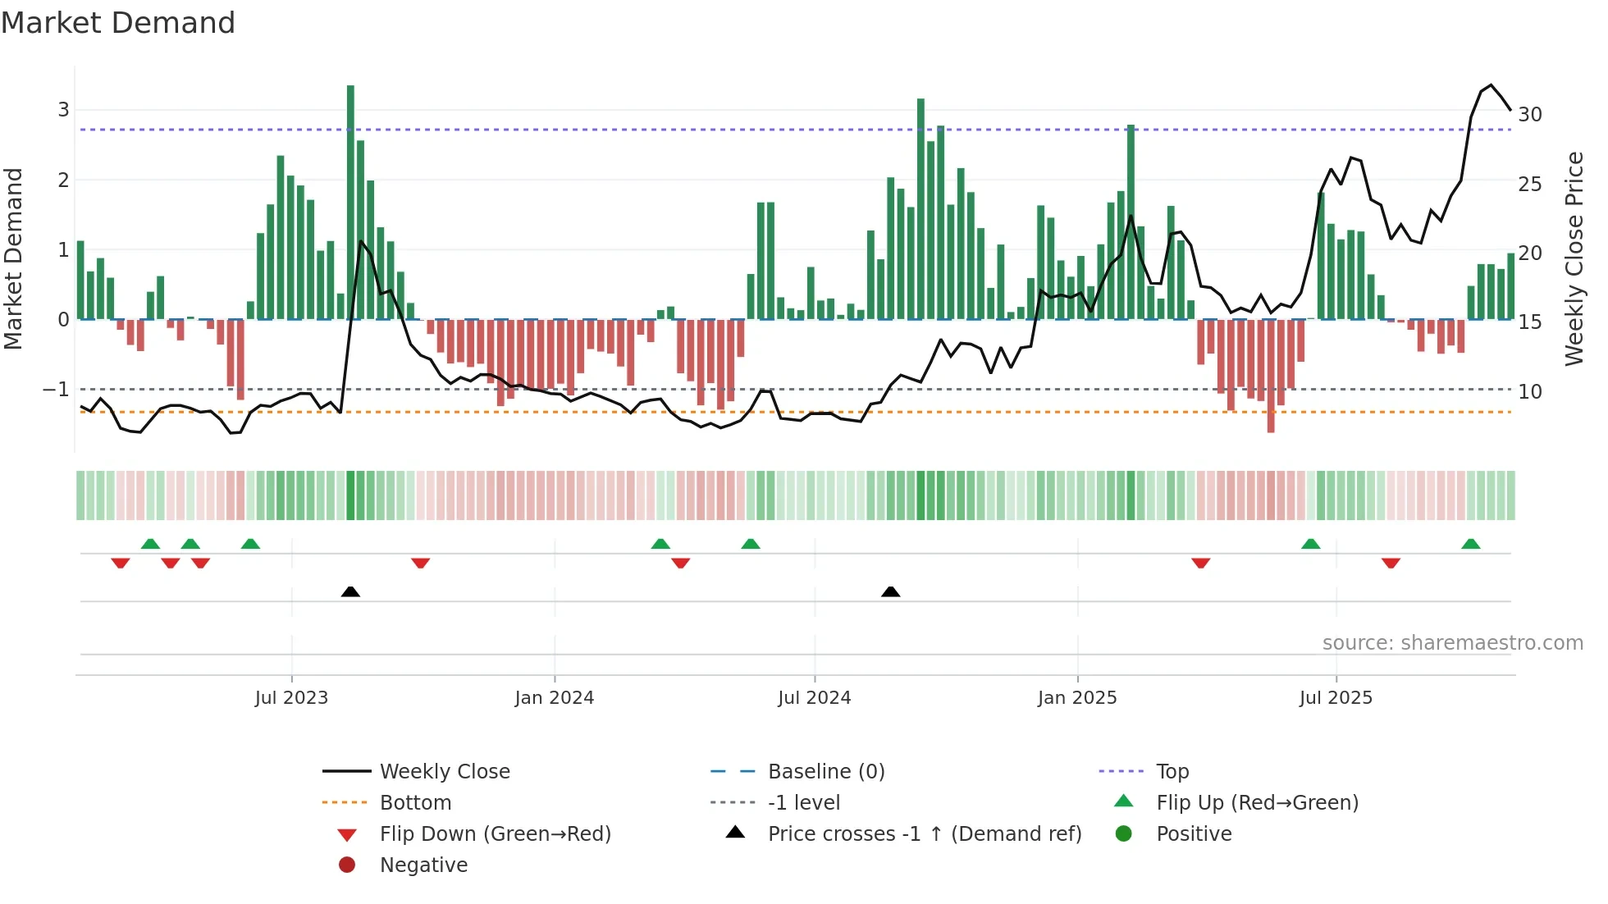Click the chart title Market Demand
pyautogui.click(x=118, y=23)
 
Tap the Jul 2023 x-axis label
pyautogui.click(x=291, y=698)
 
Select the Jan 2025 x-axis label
pyautogui.click(x=1076, y=698)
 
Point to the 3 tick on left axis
pyautogui.click(x=63, y=110)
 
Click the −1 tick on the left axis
pyautogui.click(x=56, y=390)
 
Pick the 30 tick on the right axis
pyautogui.click(x=1529, y=115)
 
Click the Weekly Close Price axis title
pyautogui.click(x=1574, y=258)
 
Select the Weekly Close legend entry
pyautogui.click(x=444, y=772)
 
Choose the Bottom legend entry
pyautogui.click(x=415, y=803)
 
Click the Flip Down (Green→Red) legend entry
pyautogui.click(x=495, y=834)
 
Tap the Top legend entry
pyautogui.click(x=1172, y=772)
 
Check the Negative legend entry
pyautogui.click(x=423, y=865)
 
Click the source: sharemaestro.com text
pyautogui.click(x=1452, y=643)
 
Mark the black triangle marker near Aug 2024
pyautogui.click(x=890, y=591)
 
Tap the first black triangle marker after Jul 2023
pyautogui.click(x=350, y=591)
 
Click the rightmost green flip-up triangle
pyautogui.click(x=1470, y=544)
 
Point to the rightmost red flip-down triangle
pyautogui.click(x=1390, y=563)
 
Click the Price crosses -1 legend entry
pyautogui.click(x=924, y=834)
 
